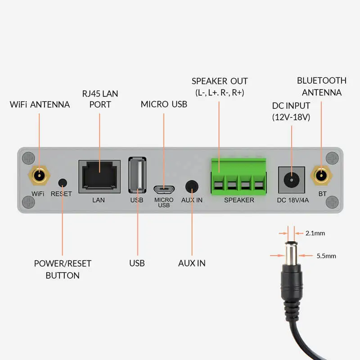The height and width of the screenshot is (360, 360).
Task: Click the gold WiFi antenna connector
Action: (x=39, y=176)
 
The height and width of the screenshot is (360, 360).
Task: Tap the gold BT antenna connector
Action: (x=321, y=176)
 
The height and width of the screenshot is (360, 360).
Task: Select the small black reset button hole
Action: (x=63, y=183)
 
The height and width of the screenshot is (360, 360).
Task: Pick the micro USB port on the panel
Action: (x=164, y=188)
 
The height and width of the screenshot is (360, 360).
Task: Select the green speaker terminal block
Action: (x=238, y=176)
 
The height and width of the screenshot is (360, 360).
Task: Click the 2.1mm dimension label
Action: (x=315, y=233)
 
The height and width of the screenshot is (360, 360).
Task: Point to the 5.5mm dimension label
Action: (x=326, y=256)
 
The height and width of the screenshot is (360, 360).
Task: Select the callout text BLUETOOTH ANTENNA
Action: (x=321, y=86)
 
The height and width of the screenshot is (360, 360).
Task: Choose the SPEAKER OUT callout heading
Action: (x=220, y=81)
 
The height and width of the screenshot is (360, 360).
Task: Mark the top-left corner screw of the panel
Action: (x=28, y=158)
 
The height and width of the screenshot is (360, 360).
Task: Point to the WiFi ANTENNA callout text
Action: (x=40, y=104)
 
